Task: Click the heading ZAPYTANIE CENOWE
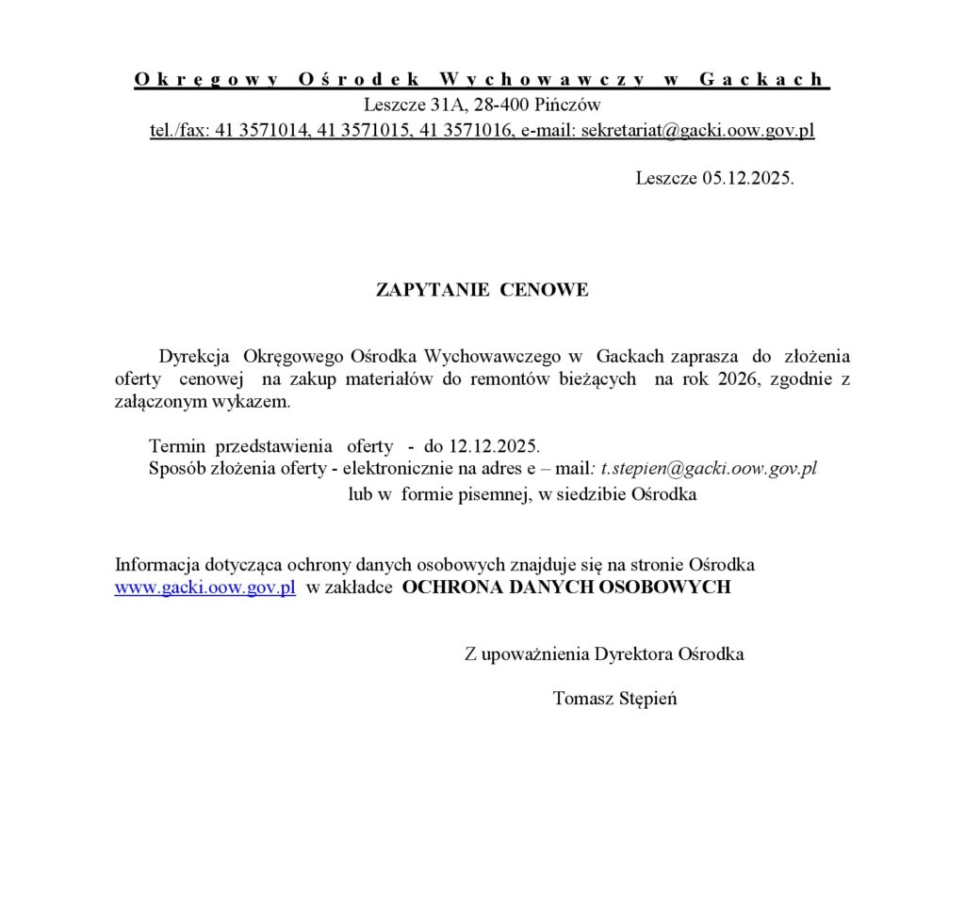click(x=482, y=290)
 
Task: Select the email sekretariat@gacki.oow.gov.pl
click(x=697, y=131)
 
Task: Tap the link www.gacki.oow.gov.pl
click(x=205, y=587)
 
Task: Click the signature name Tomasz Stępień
click(x=614, y=699)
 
